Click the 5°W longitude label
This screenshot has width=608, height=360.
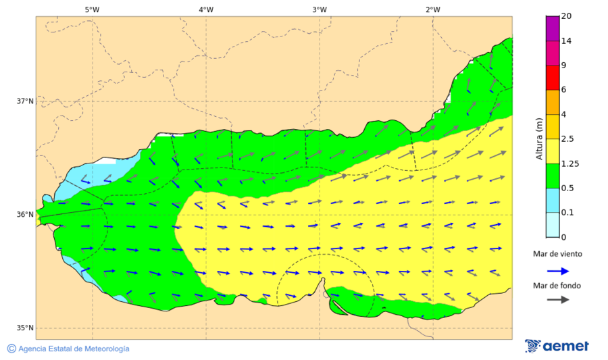(93, 9)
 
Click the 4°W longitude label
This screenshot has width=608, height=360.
(206, 9)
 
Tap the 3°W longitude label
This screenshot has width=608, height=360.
(320, 9)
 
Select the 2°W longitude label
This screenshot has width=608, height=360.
(433, 9)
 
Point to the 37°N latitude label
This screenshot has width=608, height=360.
(25, 101)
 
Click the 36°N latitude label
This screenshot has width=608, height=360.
(25, 215)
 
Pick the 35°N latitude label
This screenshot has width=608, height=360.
(25, 328)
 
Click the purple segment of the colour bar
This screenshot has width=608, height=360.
(553, 28)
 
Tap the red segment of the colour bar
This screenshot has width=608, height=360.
(553, 77)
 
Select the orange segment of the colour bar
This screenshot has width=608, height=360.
(553, 102)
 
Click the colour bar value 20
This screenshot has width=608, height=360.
(566, 16)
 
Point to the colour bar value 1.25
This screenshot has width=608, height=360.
(569, 163)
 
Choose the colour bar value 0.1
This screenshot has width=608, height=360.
(567, 212)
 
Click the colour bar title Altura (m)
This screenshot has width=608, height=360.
(539, 138)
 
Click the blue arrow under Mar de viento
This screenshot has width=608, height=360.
(557, 270)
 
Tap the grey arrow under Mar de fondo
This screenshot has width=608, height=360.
(557, 300)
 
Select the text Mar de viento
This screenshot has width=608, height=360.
(557, 254)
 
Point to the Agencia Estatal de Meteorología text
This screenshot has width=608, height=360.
(74, 349)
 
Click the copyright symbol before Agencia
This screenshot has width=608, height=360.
(11, 349)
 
